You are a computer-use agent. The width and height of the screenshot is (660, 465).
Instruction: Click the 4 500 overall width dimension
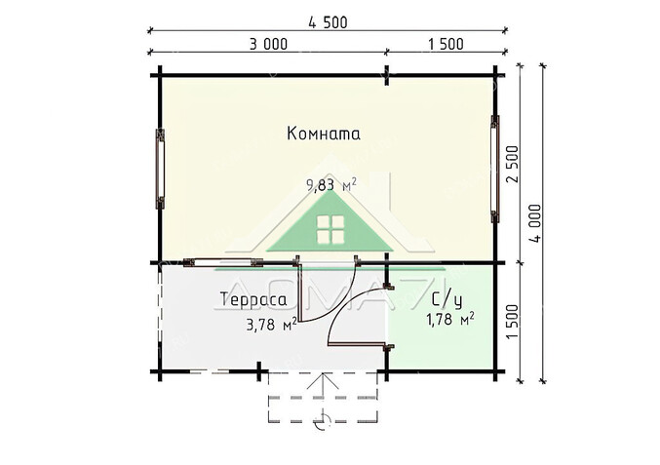(328, 22)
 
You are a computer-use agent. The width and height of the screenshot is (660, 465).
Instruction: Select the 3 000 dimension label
(268, 44)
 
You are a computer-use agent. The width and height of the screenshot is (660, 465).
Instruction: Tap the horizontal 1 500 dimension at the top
(446, 44)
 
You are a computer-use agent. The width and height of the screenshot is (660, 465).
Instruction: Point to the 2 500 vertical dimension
(513, 164)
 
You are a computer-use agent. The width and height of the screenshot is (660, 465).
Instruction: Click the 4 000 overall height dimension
(535, 223)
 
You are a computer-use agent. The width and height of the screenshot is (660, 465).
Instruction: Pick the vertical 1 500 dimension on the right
(513, 322)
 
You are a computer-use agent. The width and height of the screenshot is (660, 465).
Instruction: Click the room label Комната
(324, 134)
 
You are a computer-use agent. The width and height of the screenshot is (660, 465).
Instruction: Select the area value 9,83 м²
(331, 184)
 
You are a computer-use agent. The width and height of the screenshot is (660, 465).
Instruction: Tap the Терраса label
(253, 299)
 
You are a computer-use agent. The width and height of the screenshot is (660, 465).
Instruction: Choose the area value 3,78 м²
(271, 324)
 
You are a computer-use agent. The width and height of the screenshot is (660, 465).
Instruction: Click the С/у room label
(447, 300)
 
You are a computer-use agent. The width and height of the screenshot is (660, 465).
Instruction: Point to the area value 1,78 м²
(450, 320)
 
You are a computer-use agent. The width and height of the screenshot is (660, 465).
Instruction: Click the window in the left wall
(160, 169)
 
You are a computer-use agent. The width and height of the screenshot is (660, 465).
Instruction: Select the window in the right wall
(495, 169)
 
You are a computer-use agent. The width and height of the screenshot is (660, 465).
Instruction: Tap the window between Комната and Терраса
(223, 262)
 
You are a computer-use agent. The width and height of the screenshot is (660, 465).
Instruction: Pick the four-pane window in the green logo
(330, 230)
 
